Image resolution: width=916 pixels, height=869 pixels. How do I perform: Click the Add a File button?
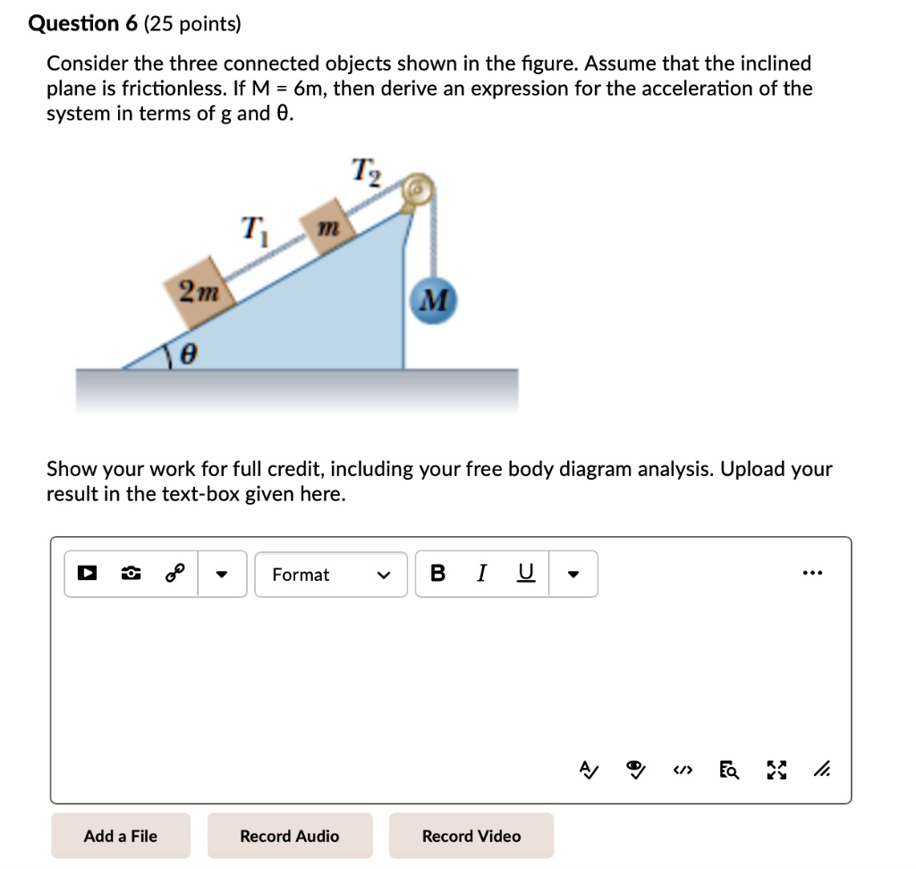click(x=121, y=836)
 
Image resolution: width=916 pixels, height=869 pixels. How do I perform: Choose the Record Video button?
click(x=471, y=836)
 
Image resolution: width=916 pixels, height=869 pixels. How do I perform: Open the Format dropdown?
click(x=332, y=575)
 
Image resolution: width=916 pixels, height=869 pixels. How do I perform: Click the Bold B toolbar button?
click(x=437, y=574)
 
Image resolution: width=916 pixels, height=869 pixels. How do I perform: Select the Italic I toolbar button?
click(x=482, y=574)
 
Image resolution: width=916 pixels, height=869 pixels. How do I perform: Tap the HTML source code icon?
click(x=684, y=770)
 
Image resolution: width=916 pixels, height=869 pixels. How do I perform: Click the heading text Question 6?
click(x=83, y=23)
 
